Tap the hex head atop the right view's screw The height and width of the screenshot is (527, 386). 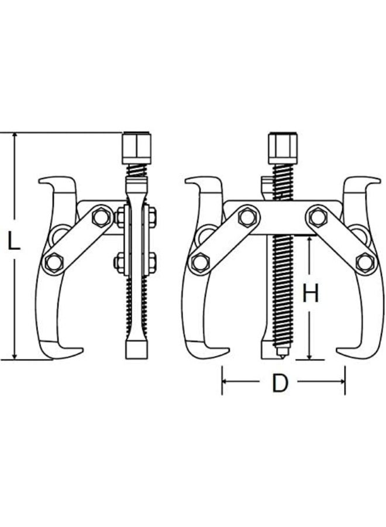(283, 148)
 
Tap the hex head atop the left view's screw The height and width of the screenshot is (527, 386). (137, 148)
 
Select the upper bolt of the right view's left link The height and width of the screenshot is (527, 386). (248, 217)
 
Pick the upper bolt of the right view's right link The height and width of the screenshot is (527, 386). (318, 217)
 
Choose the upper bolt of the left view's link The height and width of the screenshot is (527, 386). (102, 217)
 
